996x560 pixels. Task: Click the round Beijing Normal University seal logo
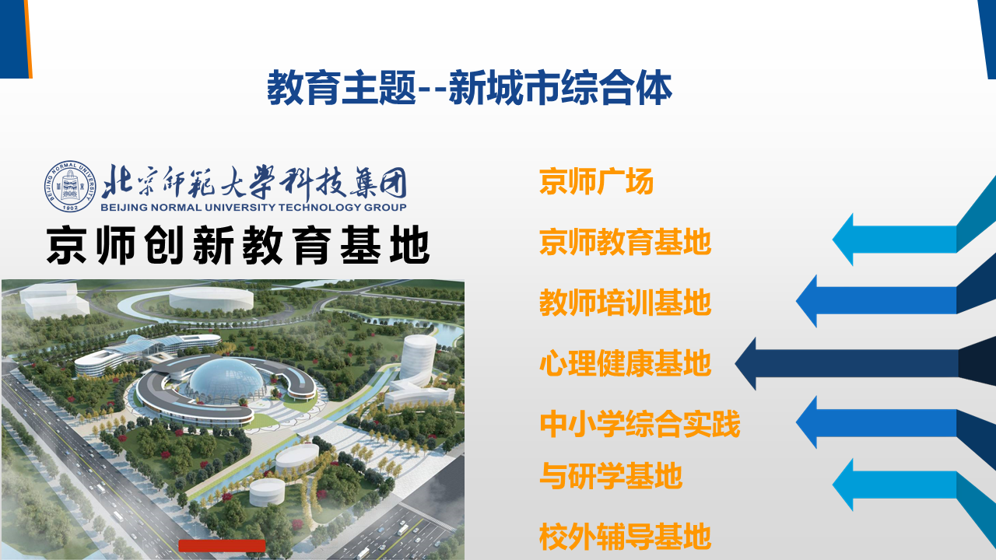coord(70,186)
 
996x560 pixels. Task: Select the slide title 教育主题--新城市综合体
coord(469,88)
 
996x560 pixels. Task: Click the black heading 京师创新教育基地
coord(238,245)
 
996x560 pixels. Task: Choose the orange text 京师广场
coord(596,181)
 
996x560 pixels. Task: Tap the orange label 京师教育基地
coord(625,242)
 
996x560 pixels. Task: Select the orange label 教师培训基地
coord(625,303)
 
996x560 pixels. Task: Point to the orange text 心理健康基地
coord(625,363)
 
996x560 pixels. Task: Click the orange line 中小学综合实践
coord(640,424)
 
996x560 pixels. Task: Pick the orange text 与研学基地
coord(611,476)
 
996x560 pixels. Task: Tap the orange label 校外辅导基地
coord(625,537)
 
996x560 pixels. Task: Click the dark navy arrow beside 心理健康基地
coord(865,363)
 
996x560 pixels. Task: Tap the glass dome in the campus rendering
coord(226,379)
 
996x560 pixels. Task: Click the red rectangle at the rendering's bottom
coord(222,546)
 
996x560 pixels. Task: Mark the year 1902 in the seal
coord(70,208)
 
